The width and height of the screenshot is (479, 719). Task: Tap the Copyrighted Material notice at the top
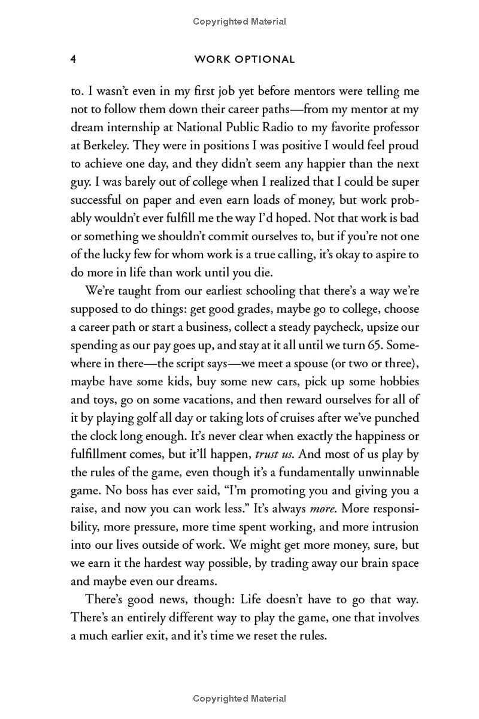[239, 22]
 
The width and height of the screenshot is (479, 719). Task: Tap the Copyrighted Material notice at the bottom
[239, 699]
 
